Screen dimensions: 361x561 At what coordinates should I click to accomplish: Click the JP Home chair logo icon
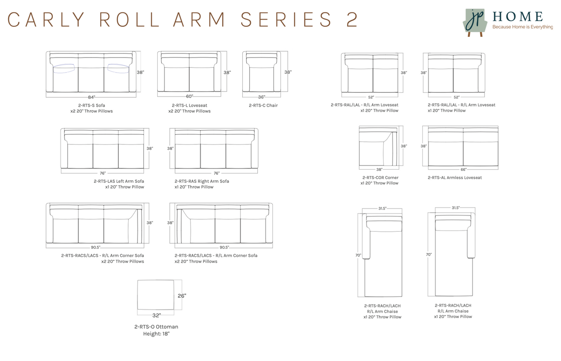(x=475, y=22)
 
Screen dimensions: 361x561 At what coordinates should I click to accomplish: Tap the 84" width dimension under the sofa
(x=91, y=97)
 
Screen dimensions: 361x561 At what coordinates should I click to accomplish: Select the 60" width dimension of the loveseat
(x=189, y=96)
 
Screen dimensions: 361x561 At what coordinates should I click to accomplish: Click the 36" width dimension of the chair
(x=262, y=97)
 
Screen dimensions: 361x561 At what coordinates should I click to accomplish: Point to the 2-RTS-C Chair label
(x=263, y=105)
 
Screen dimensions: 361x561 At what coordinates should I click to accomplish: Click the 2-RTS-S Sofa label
(x=92, y=105)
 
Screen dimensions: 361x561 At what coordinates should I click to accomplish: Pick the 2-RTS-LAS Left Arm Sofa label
(x=119, y=181)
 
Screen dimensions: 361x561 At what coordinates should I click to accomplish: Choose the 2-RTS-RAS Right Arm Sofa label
(x=202, y=181)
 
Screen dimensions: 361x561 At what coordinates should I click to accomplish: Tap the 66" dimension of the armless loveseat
(x=464, y=170)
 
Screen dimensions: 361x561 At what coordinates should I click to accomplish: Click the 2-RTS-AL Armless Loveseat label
(x=455, y=178)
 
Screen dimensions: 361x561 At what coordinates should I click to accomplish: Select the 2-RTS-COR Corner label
(x=380, y=178)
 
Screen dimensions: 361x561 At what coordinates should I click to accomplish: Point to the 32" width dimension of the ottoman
(x=156, y=316)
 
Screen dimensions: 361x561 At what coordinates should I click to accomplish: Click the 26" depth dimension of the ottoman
(x=182, y=296)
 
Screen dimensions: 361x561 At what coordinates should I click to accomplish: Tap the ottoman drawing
(x=156, y=295)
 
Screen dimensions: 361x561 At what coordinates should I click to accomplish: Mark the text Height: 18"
(x=156, y=334)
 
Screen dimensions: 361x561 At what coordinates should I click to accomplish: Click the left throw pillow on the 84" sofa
(x=64, y=68)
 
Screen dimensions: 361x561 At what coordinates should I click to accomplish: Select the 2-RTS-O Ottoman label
(x=156, y=327)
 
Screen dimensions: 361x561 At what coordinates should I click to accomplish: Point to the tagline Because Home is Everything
(x=523, y=27)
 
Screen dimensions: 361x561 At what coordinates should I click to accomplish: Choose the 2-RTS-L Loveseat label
(x=189, y=105)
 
